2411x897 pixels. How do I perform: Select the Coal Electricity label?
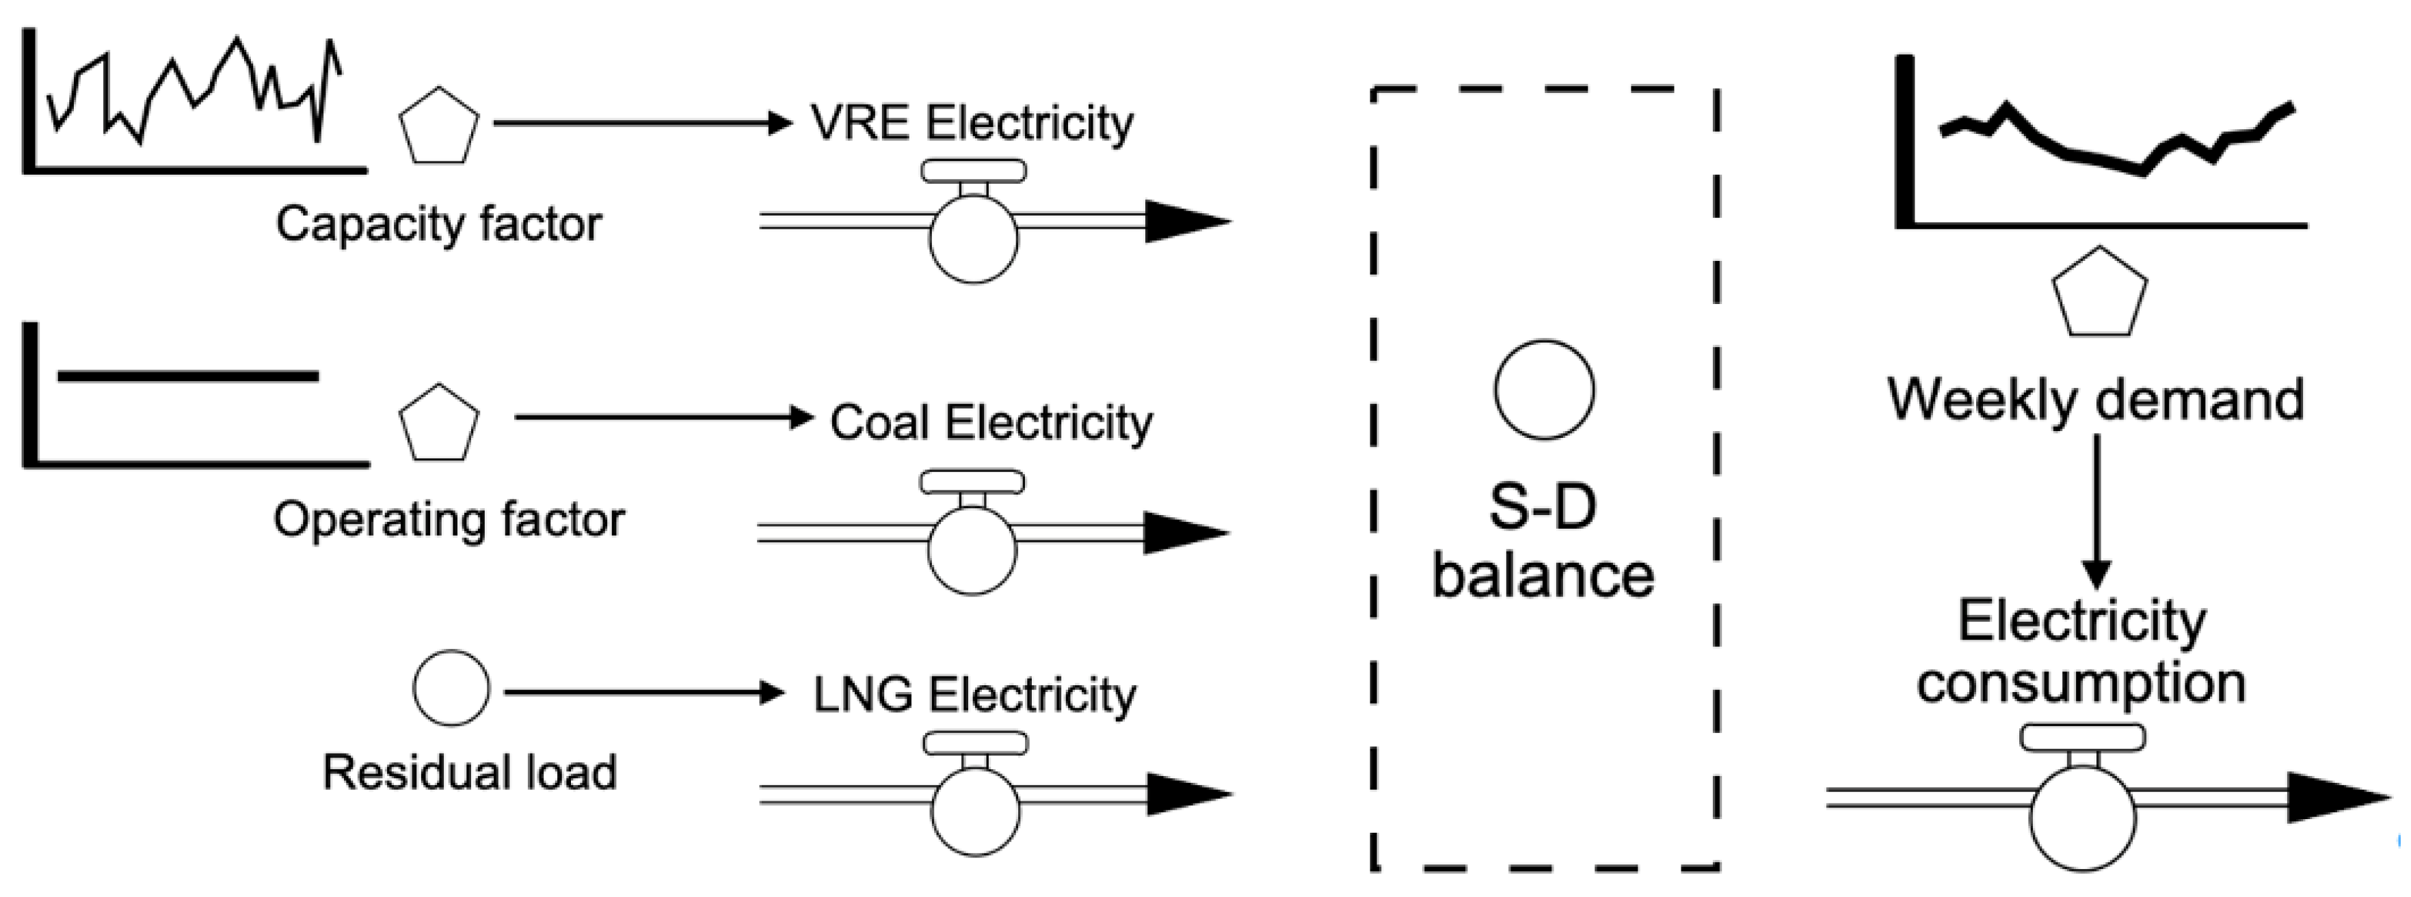(x=990, y=423)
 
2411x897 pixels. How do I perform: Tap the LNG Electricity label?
(x=974, y=695)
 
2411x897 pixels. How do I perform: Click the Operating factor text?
(x=449, y=520)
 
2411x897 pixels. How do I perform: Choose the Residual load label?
(x=469, y=773)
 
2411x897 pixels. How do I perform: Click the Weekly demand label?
(x=2094, y=400)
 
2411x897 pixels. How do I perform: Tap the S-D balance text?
(x=1543, y=542)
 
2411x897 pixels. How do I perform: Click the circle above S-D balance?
(x=1543, y=390)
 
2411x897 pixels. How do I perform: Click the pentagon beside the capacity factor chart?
(x=439, y=127)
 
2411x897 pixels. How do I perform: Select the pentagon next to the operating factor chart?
(x=439, y=423)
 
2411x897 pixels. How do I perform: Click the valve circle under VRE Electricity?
(x=974, y=238)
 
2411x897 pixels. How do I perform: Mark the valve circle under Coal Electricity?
(x=972, y=550)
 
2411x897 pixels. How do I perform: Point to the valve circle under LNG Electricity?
(x=975, y=811)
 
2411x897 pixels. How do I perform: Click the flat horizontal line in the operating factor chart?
(x=187, y=376)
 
